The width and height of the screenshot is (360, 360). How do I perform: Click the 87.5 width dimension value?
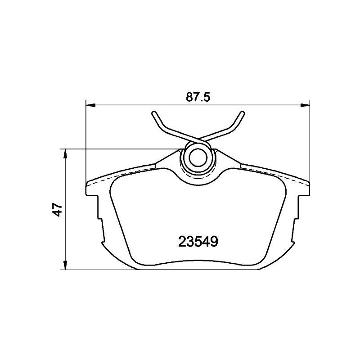pyautogui.click(x=198, y=97)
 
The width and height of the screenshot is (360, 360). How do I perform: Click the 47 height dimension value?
pyautogui.click(x=57, y=210)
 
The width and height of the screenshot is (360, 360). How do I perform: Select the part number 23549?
pyautogui.click(x=198, y=242)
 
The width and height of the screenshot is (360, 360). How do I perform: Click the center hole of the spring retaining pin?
pyautogui.click(x=197, y=157)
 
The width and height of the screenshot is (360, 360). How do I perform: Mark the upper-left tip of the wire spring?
pyautogui.click(x=154, y=113)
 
